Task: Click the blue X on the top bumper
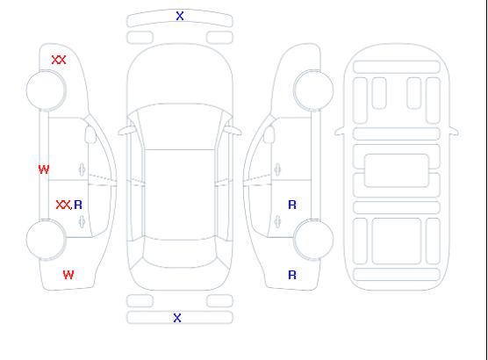[x=180, y=16]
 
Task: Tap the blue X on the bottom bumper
[x=177, y=318]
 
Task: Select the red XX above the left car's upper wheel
[x=59, y=60]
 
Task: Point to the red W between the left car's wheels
[x=44, y=169]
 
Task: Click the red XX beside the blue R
[x=63, y=205]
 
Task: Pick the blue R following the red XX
[x=78, y=205]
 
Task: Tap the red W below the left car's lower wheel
[x=68, y=275]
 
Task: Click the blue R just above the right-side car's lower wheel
[x=292, y=205]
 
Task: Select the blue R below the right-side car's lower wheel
[x=292, y=275]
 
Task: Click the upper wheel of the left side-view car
[x=46, y=90]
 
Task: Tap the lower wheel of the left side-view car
[x=46, y=240]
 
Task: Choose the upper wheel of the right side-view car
[x=313, y=90]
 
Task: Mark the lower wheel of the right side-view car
[x=313, y=240]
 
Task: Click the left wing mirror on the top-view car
[x=126, y=131]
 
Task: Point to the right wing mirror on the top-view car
[x=233, y=131]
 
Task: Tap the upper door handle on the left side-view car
[x=83, y=169]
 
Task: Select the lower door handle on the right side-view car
[x=277, y=222]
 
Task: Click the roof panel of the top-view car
[x=180, y=195]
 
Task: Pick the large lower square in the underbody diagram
[x=397, y=241]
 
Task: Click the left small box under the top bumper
[x=140, y=38]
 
